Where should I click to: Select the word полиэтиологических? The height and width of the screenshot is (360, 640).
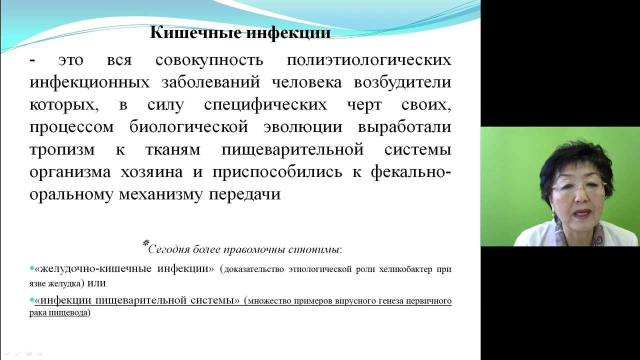pyautogui.click(x=369, y=60)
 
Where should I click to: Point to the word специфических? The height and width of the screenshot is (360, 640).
pyautogui.click(x=265, y=105)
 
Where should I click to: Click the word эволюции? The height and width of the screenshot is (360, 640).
pyautogui.click(x=302, y=127)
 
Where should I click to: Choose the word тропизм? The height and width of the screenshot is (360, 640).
pyautogui.click(x=65, y=149)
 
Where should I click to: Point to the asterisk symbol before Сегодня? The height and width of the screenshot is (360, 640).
pyautogui.click(x=146, y=243)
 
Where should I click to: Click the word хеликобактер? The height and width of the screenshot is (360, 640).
pyautogui.click(x=409, y=269)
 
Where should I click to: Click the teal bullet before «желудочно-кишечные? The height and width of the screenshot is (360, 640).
pyautogui.click(x=32, y=268)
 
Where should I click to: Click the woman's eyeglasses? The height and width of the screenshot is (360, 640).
pyautogui.click(x=579, y=188)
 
